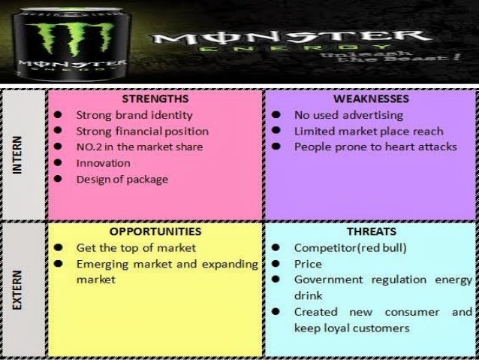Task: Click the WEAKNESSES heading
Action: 371,98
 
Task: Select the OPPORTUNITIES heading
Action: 155,231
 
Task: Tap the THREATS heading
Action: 371,231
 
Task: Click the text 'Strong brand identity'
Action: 134,116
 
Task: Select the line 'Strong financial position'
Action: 142,132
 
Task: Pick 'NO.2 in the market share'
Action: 140,147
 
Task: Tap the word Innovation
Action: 103,163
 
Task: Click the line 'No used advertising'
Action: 348,116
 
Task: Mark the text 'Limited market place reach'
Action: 369,132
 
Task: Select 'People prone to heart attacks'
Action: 375,147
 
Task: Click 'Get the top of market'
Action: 136,248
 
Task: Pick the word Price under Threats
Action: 308,265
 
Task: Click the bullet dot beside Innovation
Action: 58,164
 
